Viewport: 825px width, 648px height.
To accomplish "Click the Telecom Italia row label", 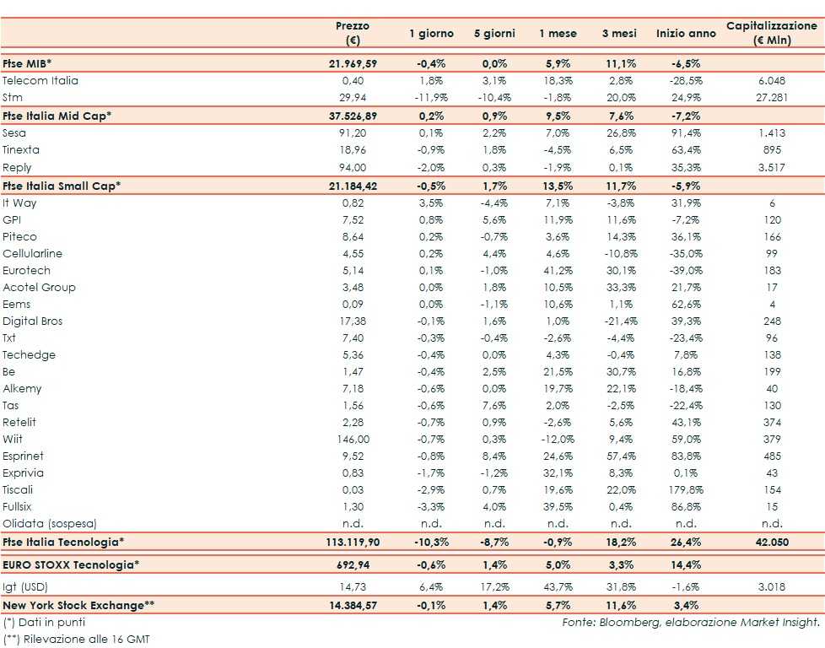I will [40, 81].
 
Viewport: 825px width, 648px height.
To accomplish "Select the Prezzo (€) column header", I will [353, 33].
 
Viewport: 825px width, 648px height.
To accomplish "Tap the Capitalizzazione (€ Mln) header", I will [772, 33].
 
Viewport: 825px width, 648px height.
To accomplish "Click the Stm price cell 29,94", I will [353, 98].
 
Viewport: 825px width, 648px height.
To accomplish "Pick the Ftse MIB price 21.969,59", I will [353, 64].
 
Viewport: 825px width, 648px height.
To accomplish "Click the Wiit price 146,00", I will [353, 440].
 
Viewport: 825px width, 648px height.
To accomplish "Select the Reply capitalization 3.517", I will [772, 167].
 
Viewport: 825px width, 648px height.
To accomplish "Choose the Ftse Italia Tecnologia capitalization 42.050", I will [772, 543].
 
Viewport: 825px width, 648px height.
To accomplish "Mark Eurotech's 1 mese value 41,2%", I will [558, 271].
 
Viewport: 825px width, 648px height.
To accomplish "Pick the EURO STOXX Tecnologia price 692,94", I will [353, 564].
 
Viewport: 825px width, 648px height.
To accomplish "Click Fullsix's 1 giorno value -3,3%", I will [431, 507].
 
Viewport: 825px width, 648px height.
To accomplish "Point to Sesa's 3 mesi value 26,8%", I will [622, 133].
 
